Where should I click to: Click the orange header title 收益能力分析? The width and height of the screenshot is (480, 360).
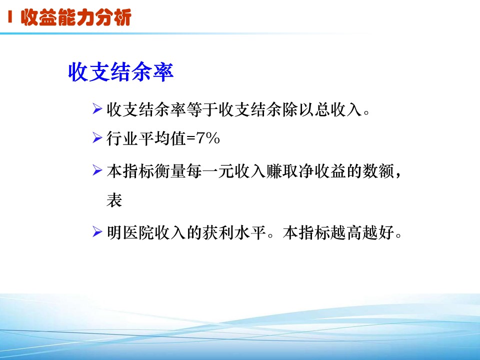(x=76, y=17)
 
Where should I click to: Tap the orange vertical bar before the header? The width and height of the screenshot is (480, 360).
(x=10, y=17)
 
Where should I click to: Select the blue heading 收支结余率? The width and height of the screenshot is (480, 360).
(x=121, y=72)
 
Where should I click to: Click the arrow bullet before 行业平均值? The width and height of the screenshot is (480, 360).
(x=97, y=138)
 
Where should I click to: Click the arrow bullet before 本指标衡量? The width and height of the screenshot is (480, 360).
(x=97, y=170)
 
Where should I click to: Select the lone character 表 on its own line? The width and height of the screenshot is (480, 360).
(x=114, y=200)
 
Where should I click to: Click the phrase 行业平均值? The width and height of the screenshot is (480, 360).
(x=146, y=138)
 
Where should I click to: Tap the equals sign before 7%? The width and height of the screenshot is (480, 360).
(x=191, y=138)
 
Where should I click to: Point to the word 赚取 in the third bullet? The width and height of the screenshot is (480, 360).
(x=282, y=171)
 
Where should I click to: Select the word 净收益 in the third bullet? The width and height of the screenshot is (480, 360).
(x=322, y=171)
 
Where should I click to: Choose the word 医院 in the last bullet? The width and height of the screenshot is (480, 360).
(x=138, y=232)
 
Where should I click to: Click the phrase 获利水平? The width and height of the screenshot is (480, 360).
(x=234, y=232)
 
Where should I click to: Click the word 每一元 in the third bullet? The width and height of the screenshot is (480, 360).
(x=210, y=171)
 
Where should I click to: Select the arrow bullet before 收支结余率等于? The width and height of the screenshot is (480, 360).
(x=97, y=108)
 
